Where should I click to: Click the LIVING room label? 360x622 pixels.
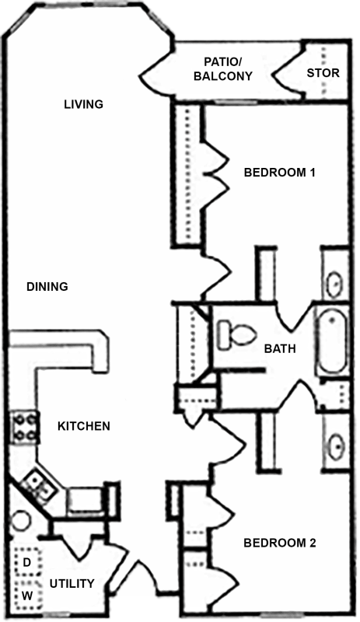coord(83,104)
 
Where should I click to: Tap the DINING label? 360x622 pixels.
coord(47,286)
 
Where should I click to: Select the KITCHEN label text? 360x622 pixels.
coord(83,426)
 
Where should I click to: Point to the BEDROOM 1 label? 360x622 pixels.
coord(279,172)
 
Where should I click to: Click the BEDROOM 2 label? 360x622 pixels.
coord(280,543)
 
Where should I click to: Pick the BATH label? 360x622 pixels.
coord(279,349)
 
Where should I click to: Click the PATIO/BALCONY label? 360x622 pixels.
coord(228,68)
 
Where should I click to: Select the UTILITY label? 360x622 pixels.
coord(72,583)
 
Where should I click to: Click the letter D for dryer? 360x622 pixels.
coord(25,561)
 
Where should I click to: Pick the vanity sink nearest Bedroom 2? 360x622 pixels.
coord(335,445)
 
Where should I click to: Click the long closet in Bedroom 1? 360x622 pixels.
coord(187,175)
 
